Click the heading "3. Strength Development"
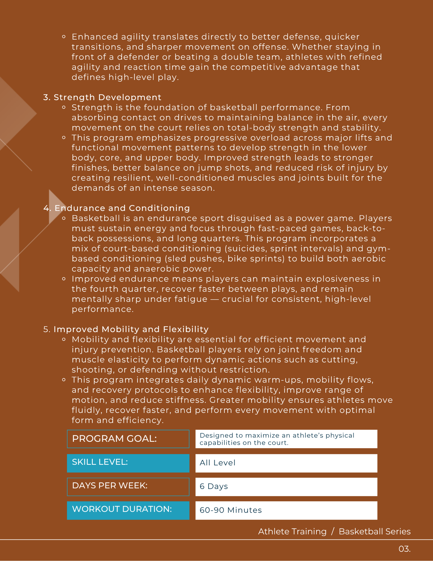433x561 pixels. [x=102, y=97]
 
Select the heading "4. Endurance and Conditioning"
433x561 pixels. [x=117, y=208]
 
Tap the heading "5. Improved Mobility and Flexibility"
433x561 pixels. [x=126, y=329]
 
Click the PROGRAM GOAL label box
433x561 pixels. [x=128, y=439]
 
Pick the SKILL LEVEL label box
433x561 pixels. [x=128, y=463]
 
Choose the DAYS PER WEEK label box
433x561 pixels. [x=128, y=487]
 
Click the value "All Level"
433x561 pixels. [x=218, y=463]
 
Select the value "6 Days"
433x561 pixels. [x=214, y=487]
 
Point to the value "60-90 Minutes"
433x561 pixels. [x=231, y=510]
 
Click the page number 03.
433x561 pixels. [x=404, y=549]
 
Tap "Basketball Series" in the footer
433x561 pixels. [x=375, y=532]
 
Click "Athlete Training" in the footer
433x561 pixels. [x=292, y=532]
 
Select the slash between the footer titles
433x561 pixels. [x=333, y=532]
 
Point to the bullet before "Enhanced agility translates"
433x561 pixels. [x=64, y=37]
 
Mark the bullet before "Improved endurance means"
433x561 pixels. [x=64, y=279]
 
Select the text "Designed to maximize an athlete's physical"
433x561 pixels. [x=277, y=435]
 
